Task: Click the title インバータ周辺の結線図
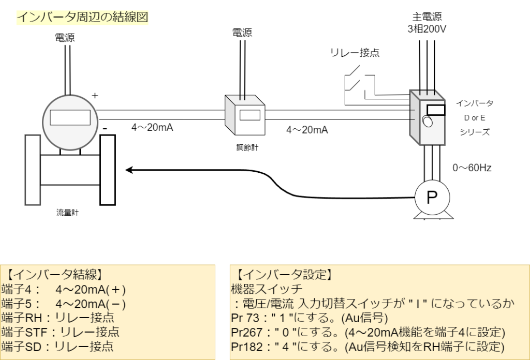[83, 17]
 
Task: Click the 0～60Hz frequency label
[471, 168]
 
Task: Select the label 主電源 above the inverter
[428, 17]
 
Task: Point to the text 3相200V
[427, 29]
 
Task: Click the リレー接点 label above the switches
[355, 53]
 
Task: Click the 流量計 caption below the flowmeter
[67, 212]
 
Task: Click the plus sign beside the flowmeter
[95, 96]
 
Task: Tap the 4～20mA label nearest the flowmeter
[152, 127]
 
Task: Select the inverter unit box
[427, 118]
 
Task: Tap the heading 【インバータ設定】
[282, 275]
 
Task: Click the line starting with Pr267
[367, 332]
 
